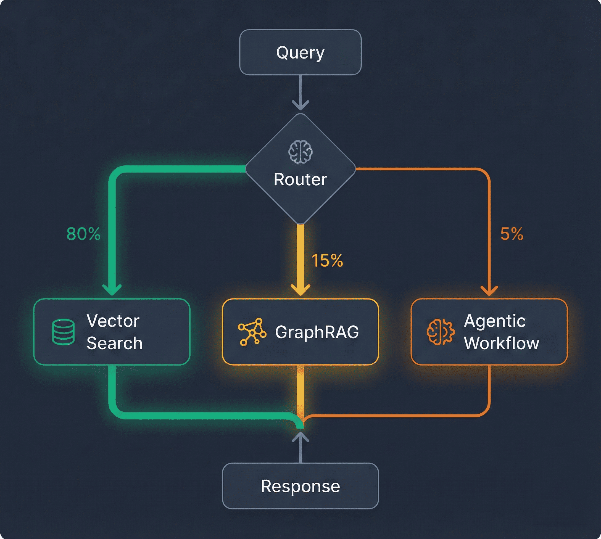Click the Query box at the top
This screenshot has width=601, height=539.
click(x=300, y=52)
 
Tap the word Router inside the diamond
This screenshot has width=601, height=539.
click(x=300, y=179)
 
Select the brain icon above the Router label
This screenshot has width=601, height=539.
click(x=300, y=152)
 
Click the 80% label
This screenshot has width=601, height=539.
click(x=83, y=234)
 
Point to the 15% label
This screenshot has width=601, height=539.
click(x=327, y=261)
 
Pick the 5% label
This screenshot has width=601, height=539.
click(x=512, y=234)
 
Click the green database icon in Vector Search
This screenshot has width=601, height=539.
click(x=63, y=332)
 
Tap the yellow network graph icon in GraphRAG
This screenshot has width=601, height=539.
click(x=252, y=332)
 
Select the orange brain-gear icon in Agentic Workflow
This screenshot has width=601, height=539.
click(x=440, y=332)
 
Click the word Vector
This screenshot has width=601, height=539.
click(x=113, y=321)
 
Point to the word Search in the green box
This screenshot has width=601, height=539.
click(x=114, y=343)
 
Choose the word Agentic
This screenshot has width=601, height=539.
click(x=494, y=321)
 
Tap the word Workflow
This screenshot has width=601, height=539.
click(x=501, y=343)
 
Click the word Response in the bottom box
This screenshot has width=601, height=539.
click(x=300, y=486)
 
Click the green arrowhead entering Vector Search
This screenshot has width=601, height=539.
click(x=112, y=290)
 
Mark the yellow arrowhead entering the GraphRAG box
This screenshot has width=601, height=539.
click(x=300, y=290)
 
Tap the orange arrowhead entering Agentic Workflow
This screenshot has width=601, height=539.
click(x=489, y=290)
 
